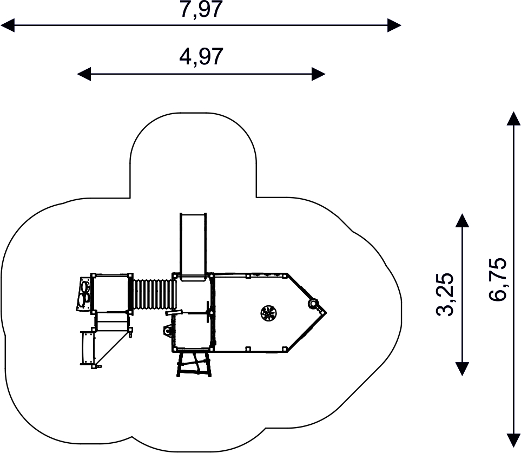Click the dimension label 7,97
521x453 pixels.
coord(201,9)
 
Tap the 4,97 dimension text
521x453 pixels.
coord(201,57)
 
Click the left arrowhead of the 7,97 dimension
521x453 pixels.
coord(8,25)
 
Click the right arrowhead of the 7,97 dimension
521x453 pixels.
coord(394,25)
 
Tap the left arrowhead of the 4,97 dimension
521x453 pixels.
coord(84,74)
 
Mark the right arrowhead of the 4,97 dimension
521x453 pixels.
coord(318,74)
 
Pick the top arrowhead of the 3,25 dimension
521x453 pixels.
coord(462,220)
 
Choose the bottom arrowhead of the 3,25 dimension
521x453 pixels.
coord(462,369)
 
